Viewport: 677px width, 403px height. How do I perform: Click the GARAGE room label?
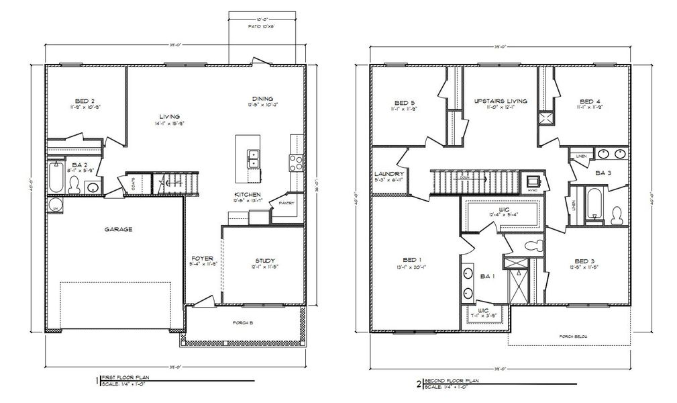click(x=118, y=229)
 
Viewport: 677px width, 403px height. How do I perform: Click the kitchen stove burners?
click(x=295, y=162)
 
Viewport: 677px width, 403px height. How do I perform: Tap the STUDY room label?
click(x=265, y=261)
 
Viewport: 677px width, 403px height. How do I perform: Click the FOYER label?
click(x=202, y=259)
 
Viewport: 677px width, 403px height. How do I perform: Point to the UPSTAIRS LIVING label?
click(x=500, y=101)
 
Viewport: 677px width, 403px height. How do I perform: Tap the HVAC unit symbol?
click(x=533, y=181)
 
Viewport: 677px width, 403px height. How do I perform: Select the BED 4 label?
click(x=590, y=101)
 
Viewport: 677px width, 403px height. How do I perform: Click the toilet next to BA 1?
click(x=534, y=245)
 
